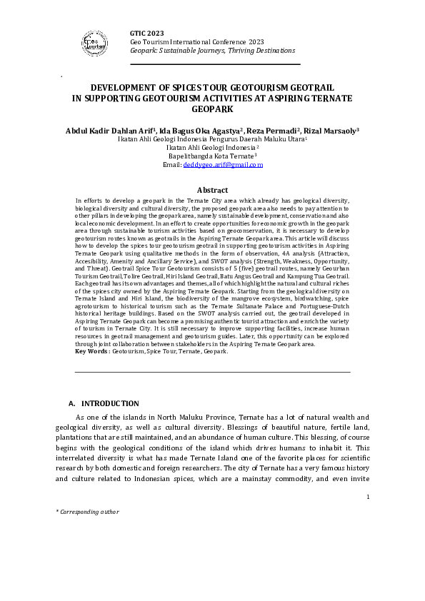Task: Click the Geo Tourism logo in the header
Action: (x=92, y=44)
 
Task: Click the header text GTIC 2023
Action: (x=146, y=34)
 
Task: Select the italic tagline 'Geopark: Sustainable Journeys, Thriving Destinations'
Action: (x=212, y=51)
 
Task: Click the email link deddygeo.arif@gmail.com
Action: (x=223, y=165)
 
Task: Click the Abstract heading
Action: (x=212, y=191)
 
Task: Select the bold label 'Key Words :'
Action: (x=93, y=352)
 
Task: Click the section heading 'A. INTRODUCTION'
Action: (x=103, y=404)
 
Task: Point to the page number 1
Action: (x=367, y=498)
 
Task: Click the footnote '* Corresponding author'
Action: (x=87, y=512)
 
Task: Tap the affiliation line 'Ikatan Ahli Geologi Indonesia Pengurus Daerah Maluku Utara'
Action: (x=211, y=139)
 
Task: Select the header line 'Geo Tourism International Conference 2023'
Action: (x=196, y=42)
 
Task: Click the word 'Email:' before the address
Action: (x=172, y=165)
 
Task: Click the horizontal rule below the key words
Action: (x=212, y=372)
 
